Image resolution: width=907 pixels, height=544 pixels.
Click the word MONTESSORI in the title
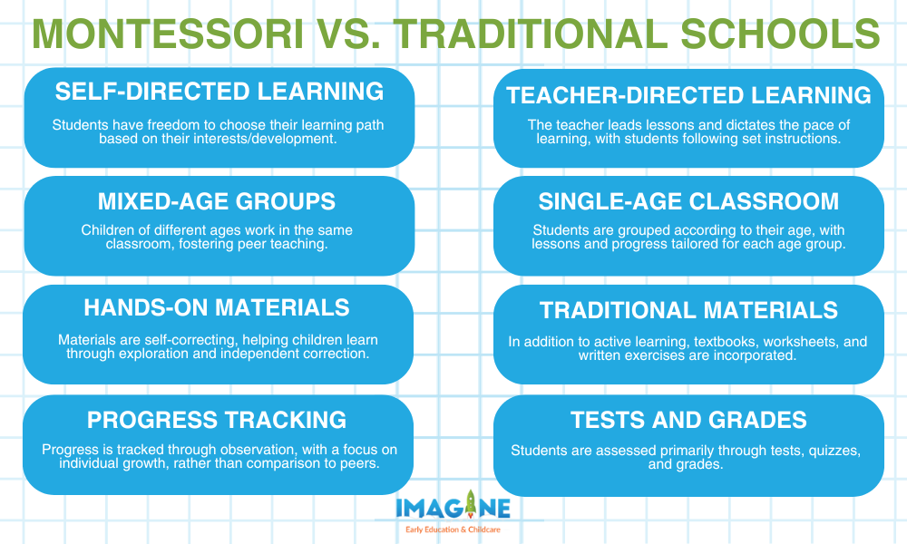pyautogui.click(x=168, y=34)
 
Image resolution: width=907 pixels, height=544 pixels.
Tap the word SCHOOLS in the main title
pyautogui.click(x=780, y=34)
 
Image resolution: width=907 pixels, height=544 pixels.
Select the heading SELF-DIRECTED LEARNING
pyautogui.click(x=219, y=92)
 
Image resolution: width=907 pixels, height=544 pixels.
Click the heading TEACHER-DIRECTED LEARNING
pyautogui.click(x=688, y=95)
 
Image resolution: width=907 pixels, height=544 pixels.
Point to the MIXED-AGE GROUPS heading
pyautogui.click(x=217, y=201)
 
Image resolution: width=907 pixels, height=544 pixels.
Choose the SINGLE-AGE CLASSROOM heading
pyautogui.click(x=688, y=201)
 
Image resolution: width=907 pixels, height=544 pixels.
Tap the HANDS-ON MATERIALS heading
pyautogui.click(x=217, y=307)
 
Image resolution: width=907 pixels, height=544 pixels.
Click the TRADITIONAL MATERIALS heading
pyautogui.click(x=688, y=310)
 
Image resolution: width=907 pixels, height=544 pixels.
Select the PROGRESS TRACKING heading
pyautogui.click(x=217, y=420)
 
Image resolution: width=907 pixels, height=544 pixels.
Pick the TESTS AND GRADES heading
pyautogui.click(x=688, y=420)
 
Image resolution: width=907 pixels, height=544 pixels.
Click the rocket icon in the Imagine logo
pyautogui.click(x=470, y=503)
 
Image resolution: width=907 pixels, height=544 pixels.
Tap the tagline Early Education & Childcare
pyautogui.click(x=453, y=529)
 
